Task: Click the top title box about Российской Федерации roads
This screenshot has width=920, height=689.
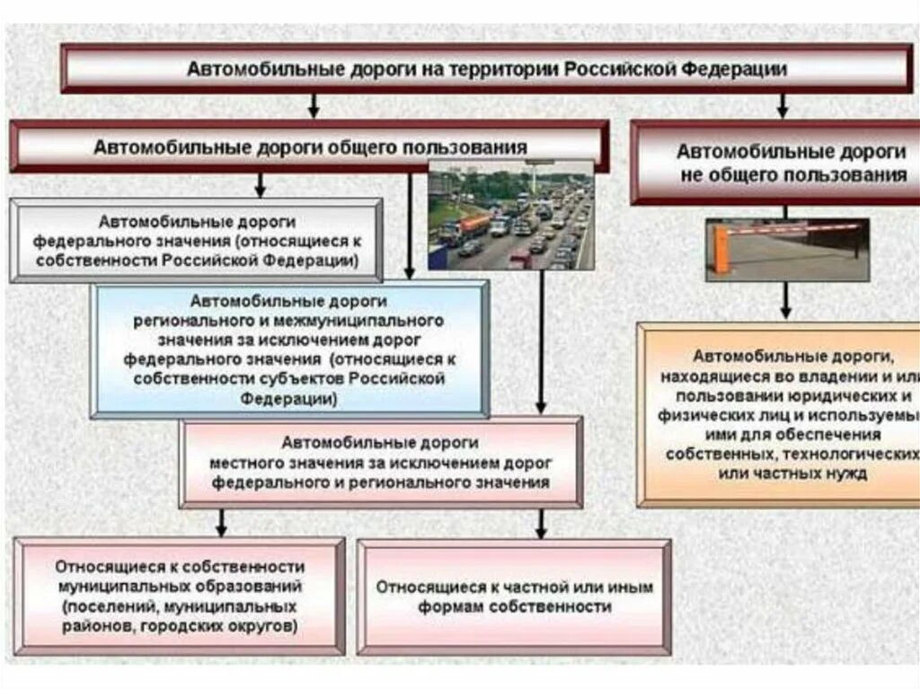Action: point(486,69)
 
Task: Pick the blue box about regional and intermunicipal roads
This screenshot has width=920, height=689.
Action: point(289,349)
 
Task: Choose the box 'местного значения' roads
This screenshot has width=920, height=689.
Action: point(380,462)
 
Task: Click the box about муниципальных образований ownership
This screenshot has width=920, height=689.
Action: point(179,596)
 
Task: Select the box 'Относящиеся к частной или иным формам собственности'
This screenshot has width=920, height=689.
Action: point(514,596)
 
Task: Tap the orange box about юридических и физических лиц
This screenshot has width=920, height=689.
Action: point(779,415)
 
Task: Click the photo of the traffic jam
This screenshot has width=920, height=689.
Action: point(510,216)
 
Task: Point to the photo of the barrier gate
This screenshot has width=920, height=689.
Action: point(787,250)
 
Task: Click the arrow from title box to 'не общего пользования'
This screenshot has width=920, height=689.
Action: point(783,104)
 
